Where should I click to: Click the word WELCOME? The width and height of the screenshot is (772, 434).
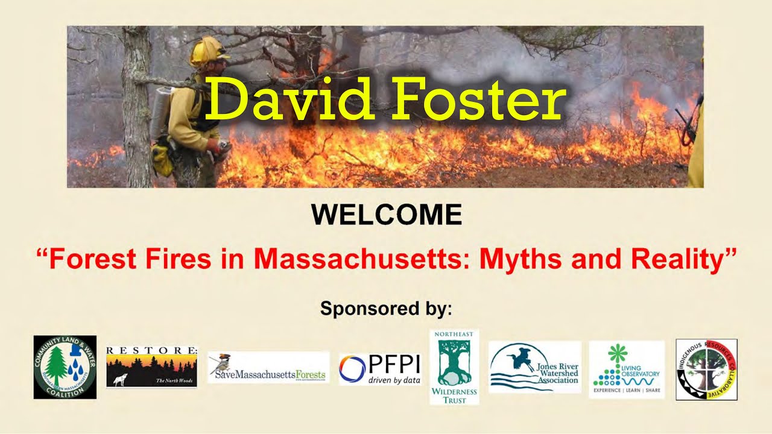point(386,215)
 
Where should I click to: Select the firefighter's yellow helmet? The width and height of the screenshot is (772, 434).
point(206,51)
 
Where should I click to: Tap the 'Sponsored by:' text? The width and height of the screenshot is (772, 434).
point(386,309)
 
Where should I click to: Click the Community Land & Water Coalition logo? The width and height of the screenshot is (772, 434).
point(65,367)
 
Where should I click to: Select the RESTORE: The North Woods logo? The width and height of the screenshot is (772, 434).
point(151,366)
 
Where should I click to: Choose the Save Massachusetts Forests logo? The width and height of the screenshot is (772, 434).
point(268,368)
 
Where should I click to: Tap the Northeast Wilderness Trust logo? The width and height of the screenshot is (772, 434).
point(454,366)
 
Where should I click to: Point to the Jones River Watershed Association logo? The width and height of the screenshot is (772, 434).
point(534,367)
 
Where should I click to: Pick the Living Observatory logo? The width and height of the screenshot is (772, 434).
point(626,369)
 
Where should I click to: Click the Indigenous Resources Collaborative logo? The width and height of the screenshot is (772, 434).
point(706,369)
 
